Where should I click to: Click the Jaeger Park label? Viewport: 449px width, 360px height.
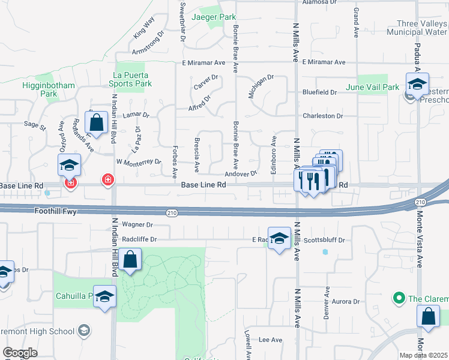(214, 17)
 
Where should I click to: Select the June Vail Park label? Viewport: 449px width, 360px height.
(373, 88)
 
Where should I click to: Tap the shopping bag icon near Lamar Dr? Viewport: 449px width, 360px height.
(97, 122)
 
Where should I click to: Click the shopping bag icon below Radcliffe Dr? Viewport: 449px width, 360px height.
(130, 259)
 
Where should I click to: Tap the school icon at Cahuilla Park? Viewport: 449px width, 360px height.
(105, 296)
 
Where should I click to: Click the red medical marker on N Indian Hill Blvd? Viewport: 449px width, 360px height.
(108, 179)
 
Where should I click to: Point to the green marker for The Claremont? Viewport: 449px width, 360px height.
(397, 298)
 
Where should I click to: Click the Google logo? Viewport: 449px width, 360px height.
(20, 353)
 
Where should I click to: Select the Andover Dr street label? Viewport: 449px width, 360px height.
(241, 173)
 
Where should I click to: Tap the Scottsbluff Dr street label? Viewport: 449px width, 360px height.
(325, 240)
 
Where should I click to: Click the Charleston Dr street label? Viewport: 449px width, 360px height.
(322, 116)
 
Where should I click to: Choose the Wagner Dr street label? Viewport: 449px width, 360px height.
(137, 225)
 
